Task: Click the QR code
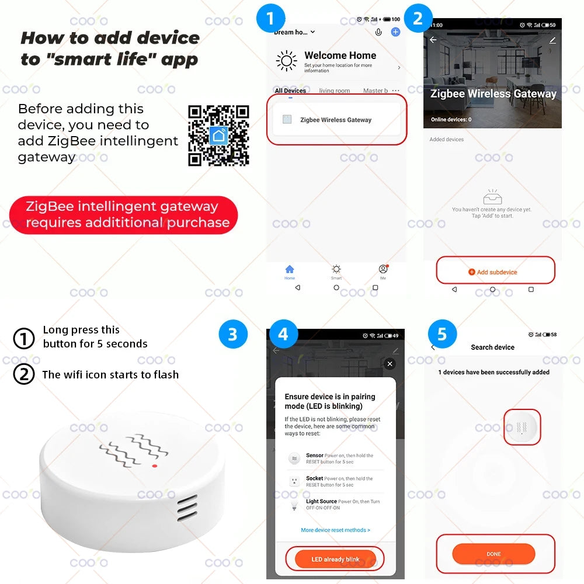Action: pyautogui.click(x=218, y=135)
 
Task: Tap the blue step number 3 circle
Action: pyautogui.click(x=232, y=334)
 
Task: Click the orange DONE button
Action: pyautogui.click(x=493, y=554)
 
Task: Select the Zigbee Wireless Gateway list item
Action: pyautogui.click(x=336, y=120)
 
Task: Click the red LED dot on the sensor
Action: pyautogui.click(x=154, y=465)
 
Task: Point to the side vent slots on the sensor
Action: pyautogui.click(x=187, y=507)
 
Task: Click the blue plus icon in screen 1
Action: pyautogui.click(x=395, y=32)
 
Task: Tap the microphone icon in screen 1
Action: pyautogui.click(x=378, y=32)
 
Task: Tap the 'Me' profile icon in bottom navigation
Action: pyautogui.click(x=383, y=270)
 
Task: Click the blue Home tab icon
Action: pyautogui.click(x=290, y=270)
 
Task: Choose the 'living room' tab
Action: pyautogui.click(x=335, y=91)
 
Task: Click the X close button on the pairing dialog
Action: pyautogui.click(x=390, y=364)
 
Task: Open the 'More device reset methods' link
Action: pyautogui.click(x=335, y=530)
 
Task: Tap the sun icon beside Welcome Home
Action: pyautogui.click(x=286, y=61)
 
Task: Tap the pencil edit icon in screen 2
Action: pyautogui.click(x=552, y=40)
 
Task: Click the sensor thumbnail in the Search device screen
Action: pyautogui.click(x=522, y=427)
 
